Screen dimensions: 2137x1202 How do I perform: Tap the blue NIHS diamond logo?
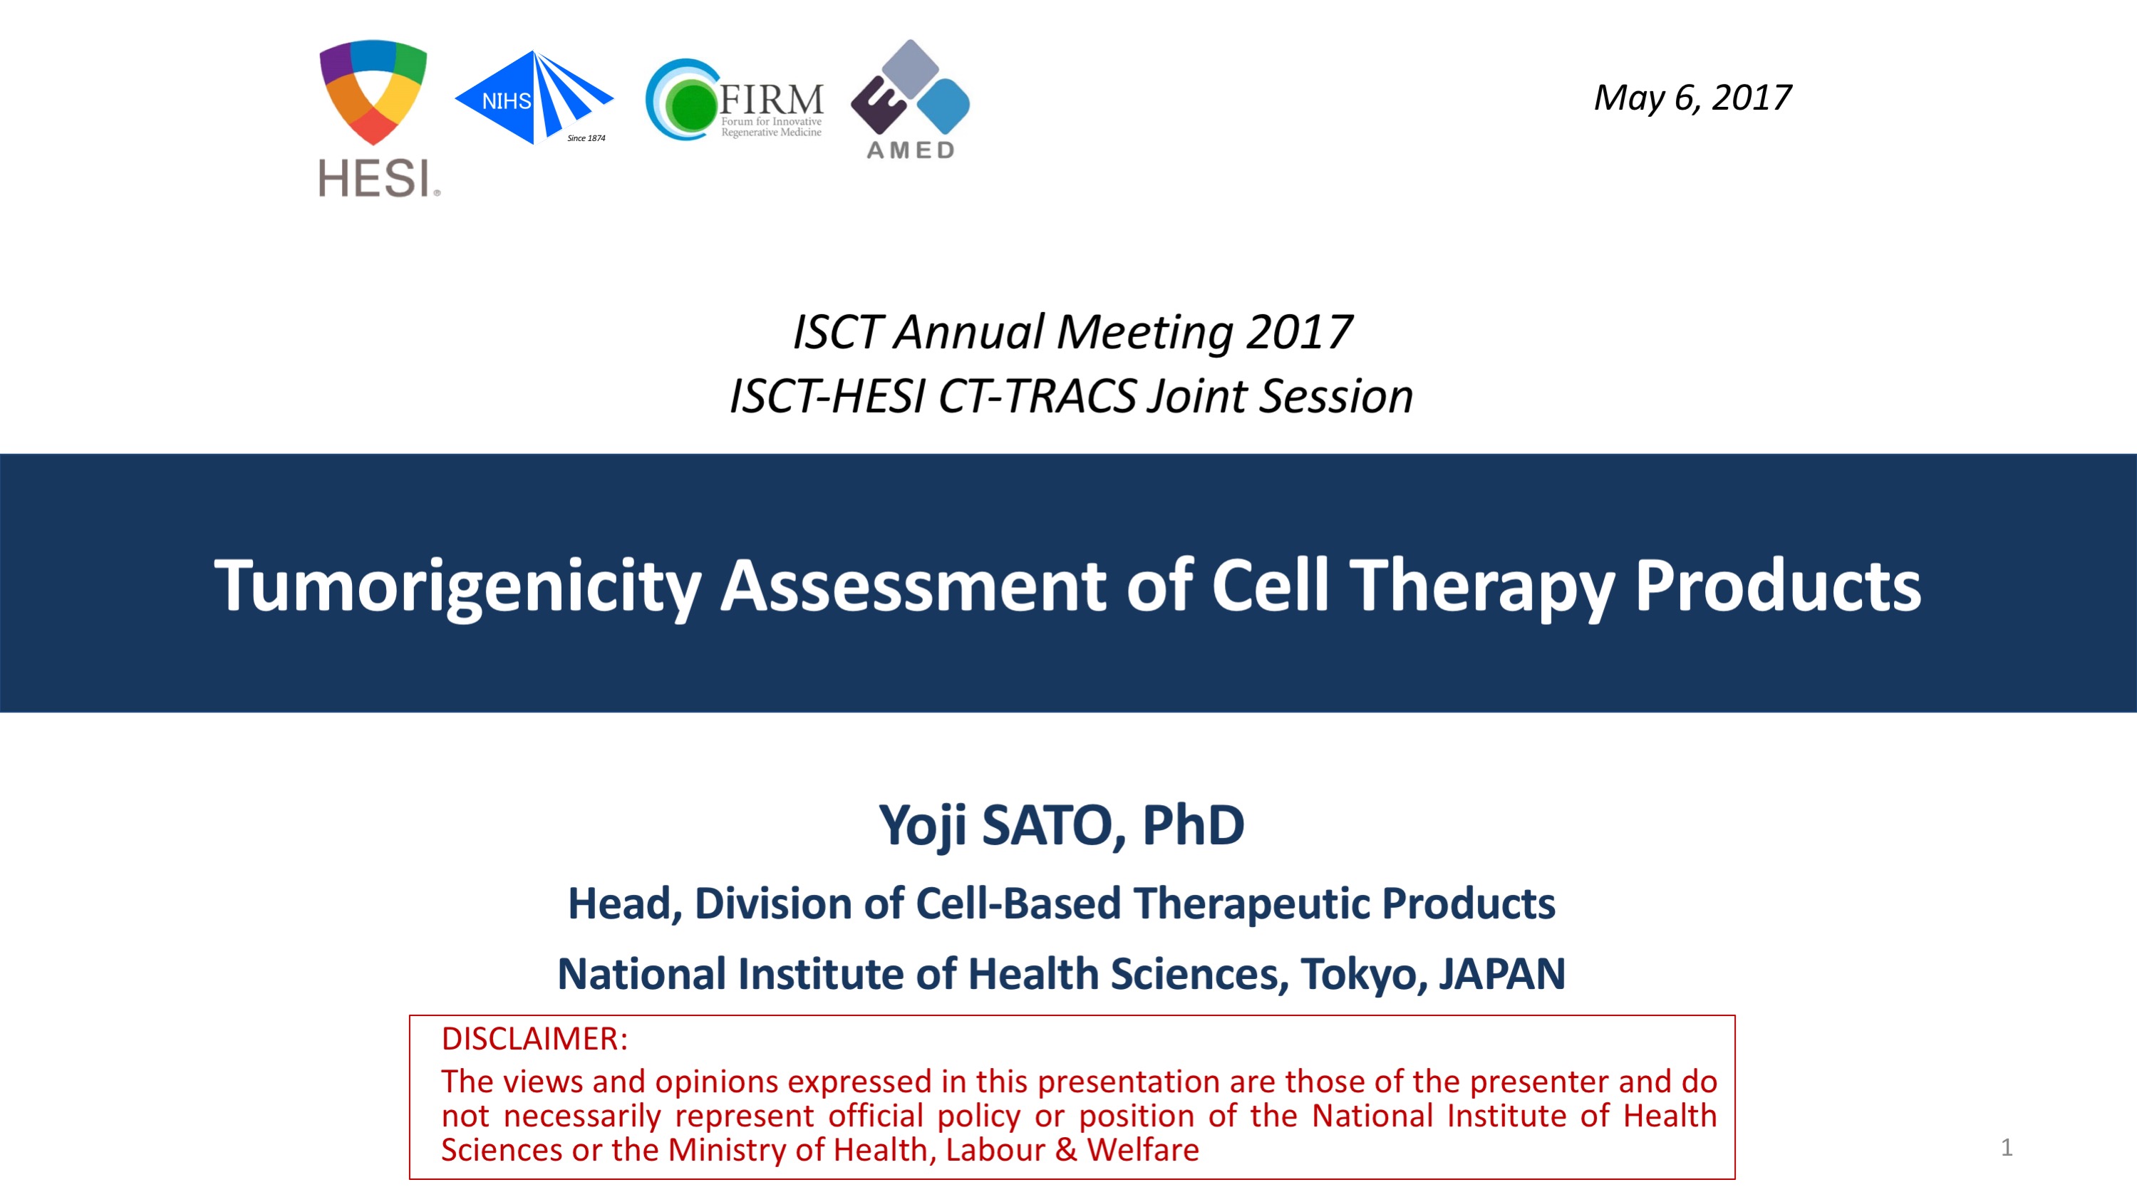[534, 98]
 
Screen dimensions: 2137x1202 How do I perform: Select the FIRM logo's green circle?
[690, 105]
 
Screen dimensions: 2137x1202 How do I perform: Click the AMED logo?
[910, 99]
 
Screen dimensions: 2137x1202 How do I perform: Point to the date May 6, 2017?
[1692, 98]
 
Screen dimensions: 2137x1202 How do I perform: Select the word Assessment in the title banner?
[914, 586]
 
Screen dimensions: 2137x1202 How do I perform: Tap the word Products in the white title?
[1778, 586]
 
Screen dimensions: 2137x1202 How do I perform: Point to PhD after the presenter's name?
[1193, 824]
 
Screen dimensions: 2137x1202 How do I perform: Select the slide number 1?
[2006, 1147]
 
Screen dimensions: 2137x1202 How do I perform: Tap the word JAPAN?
[1501, 974]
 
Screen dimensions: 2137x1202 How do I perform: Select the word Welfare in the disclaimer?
[1143, 1150]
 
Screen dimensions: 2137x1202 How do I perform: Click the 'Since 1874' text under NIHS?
[586, 138]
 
